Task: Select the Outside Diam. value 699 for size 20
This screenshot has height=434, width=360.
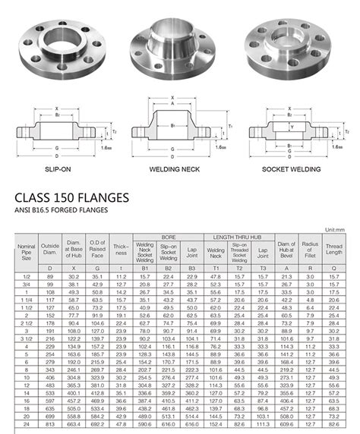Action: click(x=50, y=417)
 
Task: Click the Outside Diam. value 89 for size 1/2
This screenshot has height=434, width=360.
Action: click(x=50, y=277)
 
